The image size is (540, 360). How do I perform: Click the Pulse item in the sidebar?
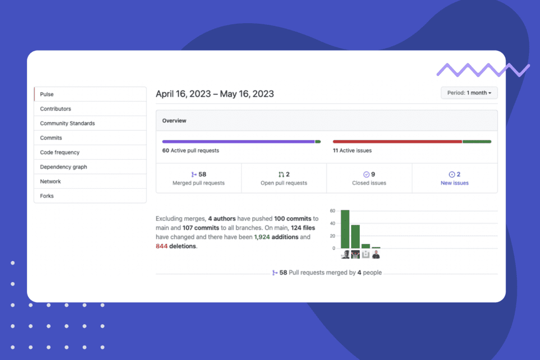[47, 94]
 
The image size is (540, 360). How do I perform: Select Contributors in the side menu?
[55, 109]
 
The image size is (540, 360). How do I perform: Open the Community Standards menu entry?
[67, 123]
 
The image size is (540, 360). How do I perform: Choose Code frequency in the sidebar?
[60, 152]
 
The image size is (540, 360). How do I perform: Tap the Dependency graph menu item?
[63, 167]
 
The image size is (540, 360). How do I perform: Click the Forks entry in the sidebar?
[47, 196]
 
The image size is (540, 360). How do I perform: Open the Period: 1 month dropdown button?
[469, 93]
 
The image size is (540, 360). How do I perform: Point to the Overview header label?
[174, 121]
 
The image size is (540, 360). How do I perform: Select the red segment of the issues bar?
[397, 142]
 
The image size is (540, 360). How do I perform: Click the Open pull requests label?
[284, 183]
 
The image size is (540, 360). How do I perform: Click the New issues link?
[455, 183]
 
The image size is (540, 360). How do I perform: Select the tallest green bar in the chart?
[345, 229]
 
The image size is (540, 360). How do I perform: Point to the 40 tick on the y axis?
[333, 223]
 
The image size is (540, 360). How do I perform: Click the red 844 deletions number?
[161, 246]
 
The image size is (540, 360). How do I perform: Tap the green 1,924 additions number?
[262, 237]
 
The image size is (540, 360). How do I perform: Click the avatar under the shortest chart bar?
[376, 255]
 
